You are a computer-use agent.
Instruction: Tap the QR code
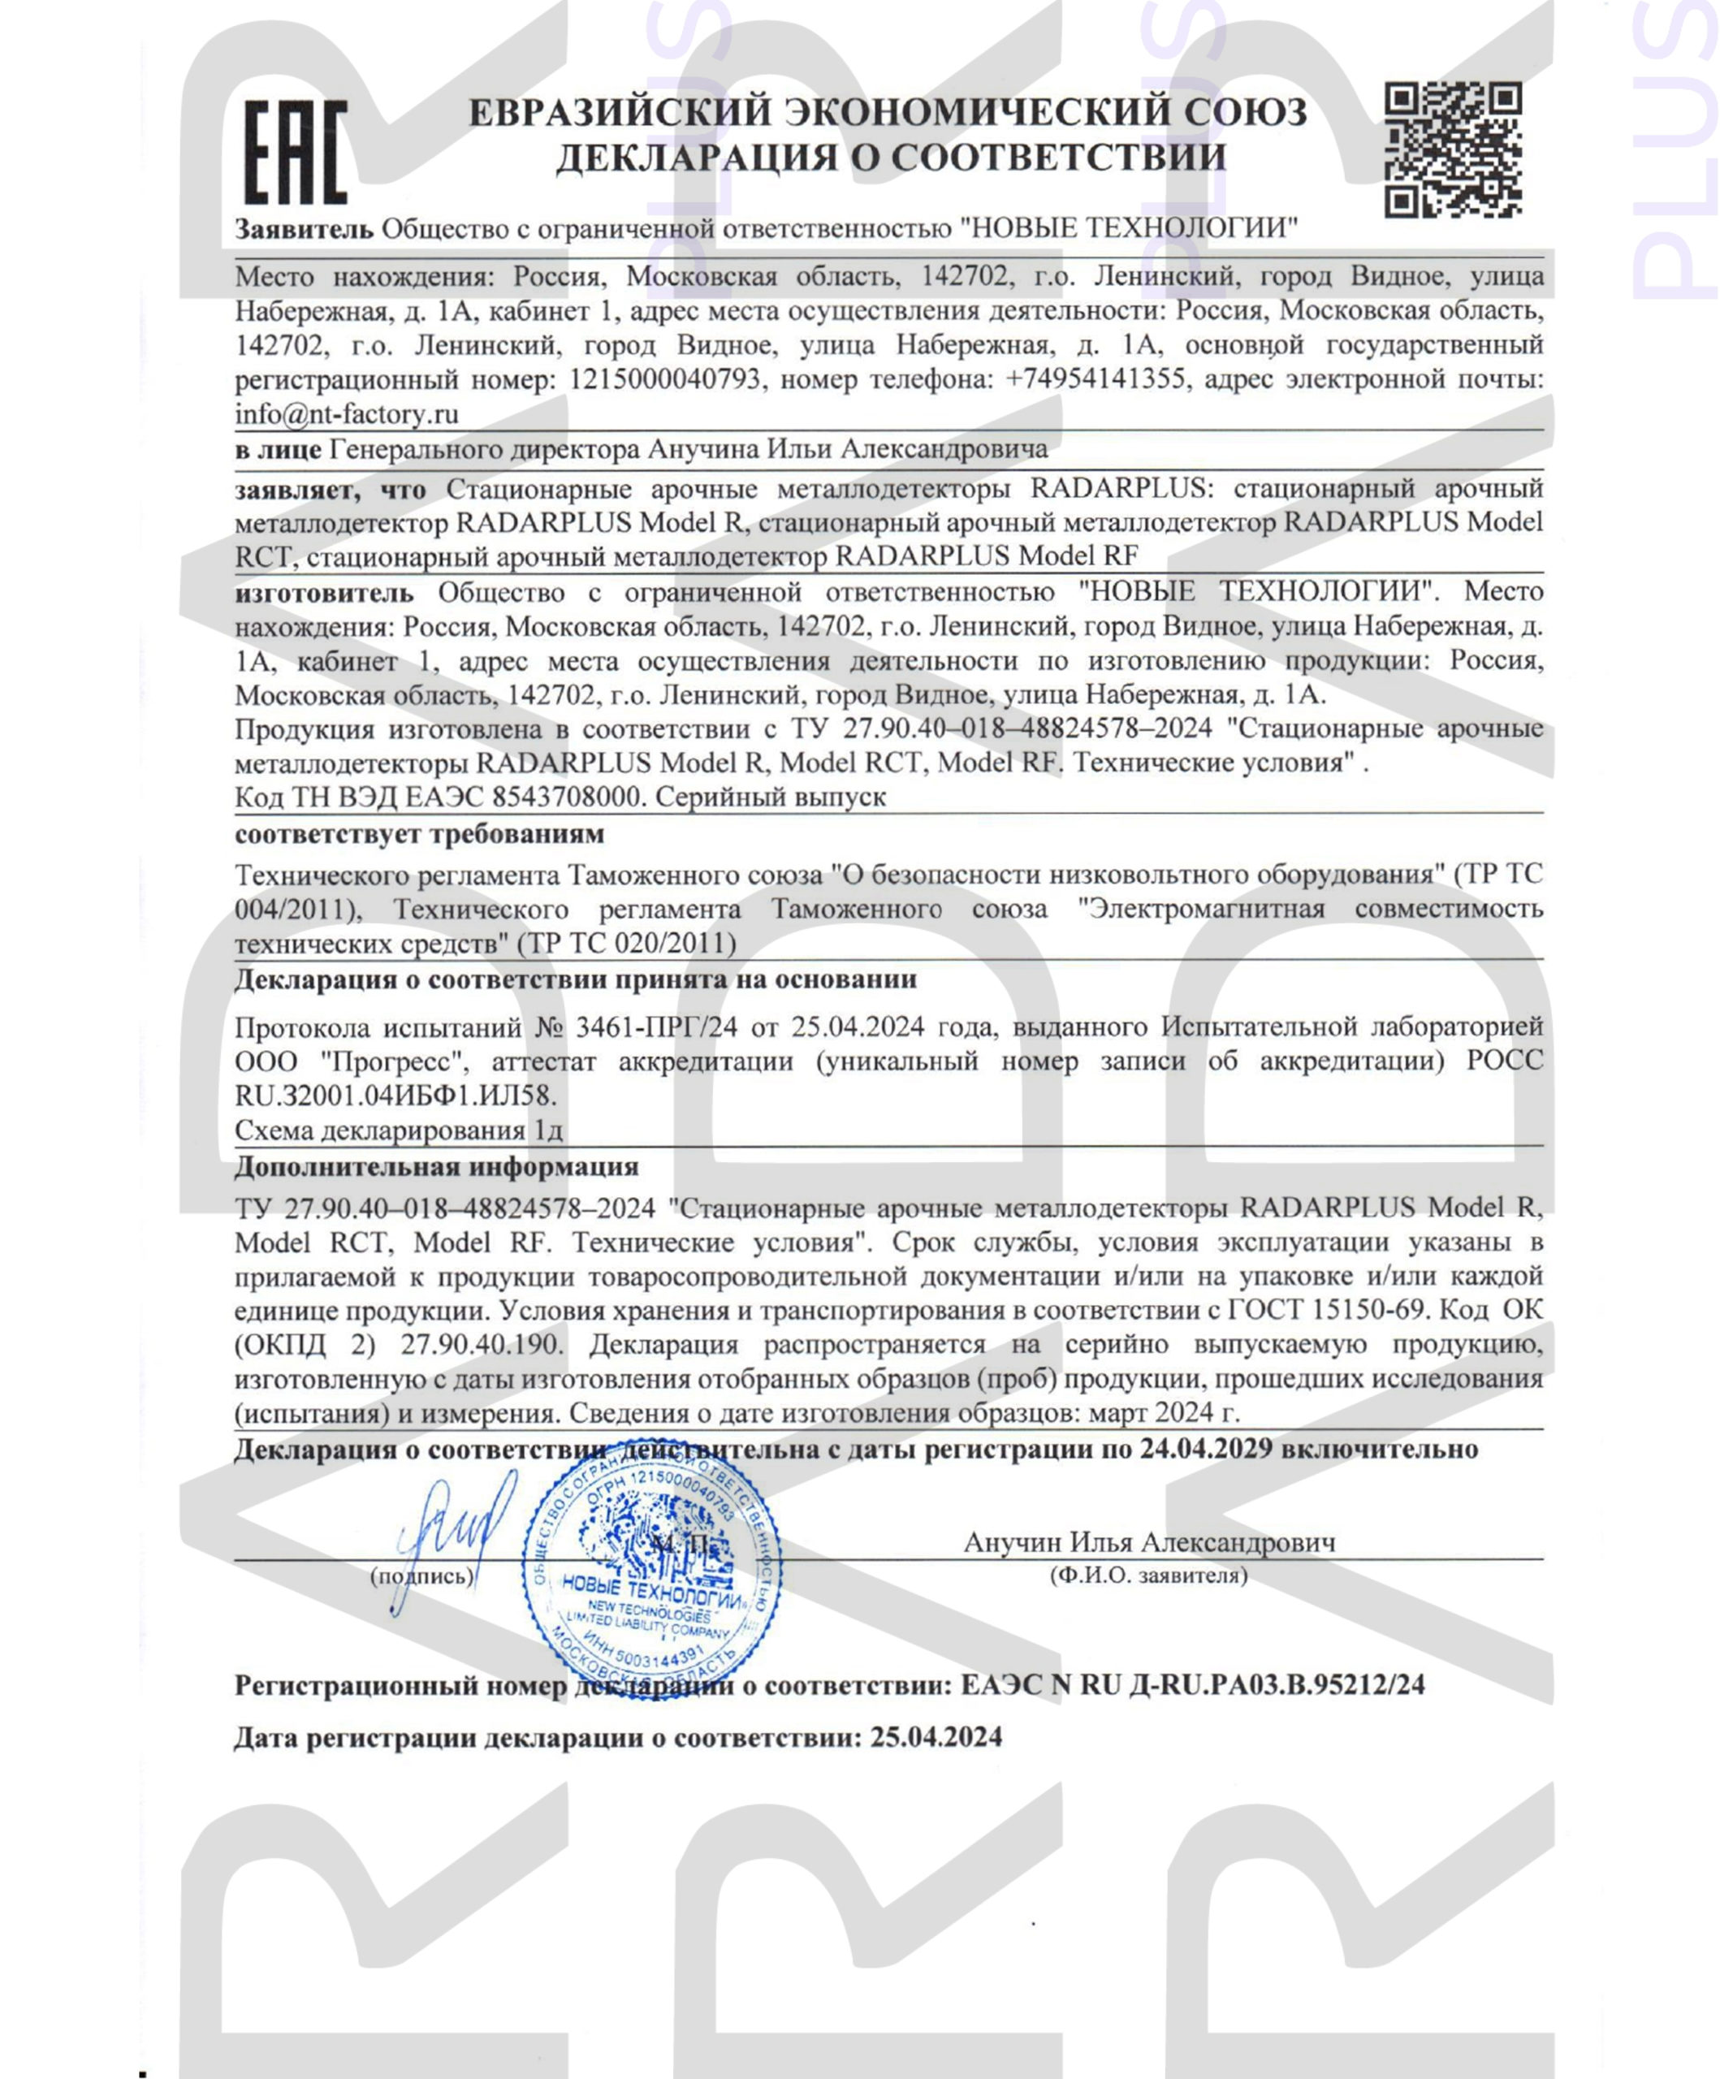(1452, 150)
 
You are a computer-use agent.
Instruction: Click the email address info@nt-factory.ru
(346, 414)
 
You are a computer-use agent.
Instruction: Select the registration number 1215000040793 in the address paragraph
(667, 379)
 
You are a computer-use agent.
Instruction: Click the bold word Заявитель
(303, 230)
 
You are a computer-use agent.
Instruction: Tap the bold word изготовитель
(324, 593)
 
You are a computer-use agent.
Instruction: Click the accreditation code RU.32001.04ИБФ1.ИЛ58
(395, 1096)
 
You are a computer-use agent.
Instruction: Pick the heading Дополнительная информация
(436, 1167)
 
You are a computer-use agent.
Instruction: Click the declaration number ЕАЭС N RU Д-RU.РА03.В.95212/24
(1192, 1685)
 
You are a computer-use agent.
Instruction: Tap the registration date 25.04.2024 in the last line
(936, 1737)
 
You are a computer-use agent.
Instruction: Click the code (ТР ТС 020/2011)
(627, 944)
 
